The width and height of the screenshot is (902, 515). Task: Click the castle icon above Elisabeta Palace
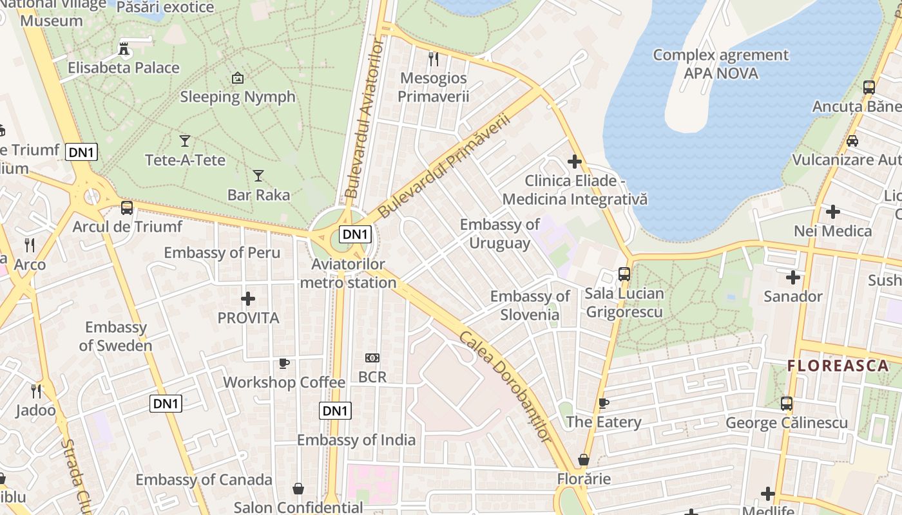[x=124, y=49]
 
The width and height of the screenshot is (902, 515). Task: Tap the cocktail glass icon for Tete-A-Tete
[x=185, y=140]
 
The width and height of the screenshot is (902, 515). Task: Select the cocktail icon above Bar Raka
[x=258, y=175]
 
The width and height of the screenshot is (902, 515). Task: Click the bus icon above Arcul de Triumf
[x=127, y=207]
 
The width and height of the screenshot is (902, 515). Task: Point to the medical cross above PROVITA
[x=248, y=299]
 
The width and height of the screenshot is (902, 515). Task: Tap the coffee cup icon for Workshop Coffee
[x=283, y=364]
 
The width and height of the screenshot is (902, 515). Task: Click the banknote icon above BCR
[x=372, y=358]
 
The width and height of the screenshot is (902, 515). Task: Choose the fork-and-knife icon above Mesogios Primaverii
[x=434, y=59]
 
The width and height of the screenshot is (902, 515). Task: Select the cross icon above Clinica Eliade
[x=575, y=162]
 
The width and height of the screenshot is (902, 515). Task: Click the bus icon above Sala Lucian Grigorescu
[x=624, y=274]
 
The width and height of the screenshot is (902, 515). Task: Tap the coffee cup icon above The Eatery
[x=603, y=404]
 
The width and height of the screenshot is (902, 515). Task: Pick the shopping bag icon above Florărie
[x=584, y=460]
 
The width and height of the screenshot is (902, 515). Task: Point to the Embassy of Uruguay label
[x=500, y=234]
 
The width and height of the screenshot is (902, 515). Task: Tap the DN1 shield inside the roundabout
[x=355, y=234]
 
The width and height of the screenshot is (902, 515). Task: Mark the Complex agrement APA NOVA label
[x=720, y=64]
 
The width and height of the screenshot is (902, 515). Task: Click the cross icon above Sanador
[x=793, y=277]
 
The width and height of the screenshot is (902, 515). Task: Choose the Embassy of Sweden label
[x=115, y=336]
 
